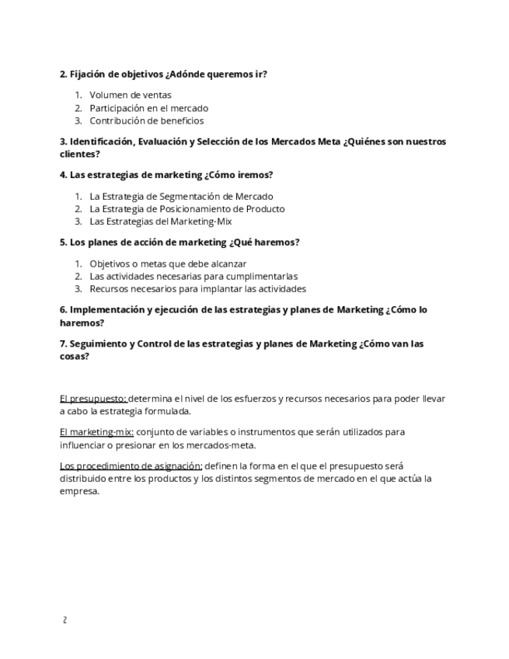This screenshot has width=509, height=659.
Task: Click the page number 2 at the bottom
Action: point(64,620)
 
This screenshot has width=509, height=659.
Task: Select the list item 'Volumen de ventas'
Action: point(131,95)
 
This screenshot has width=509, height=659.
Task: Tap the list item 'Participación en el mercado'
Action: point(148,108)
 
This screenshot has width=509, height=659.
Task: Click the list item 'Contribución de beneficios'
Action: point(146,120)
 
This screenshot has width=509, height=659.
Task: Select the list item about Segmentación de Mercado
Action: point(181,196)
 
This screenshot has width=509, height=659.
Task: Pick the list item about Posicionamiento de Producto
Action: point(187,208)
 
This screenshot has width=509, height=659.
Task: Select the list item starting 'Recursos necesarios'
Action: point(197,288)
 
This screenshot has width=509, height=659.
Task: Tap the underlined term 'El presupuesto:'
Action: point(93,399)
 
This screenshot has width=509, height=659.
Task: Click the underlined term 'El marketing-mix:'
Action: point(96,432)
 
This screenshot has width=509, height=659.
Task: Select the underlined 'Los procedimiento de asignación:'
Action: point(131,465)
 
